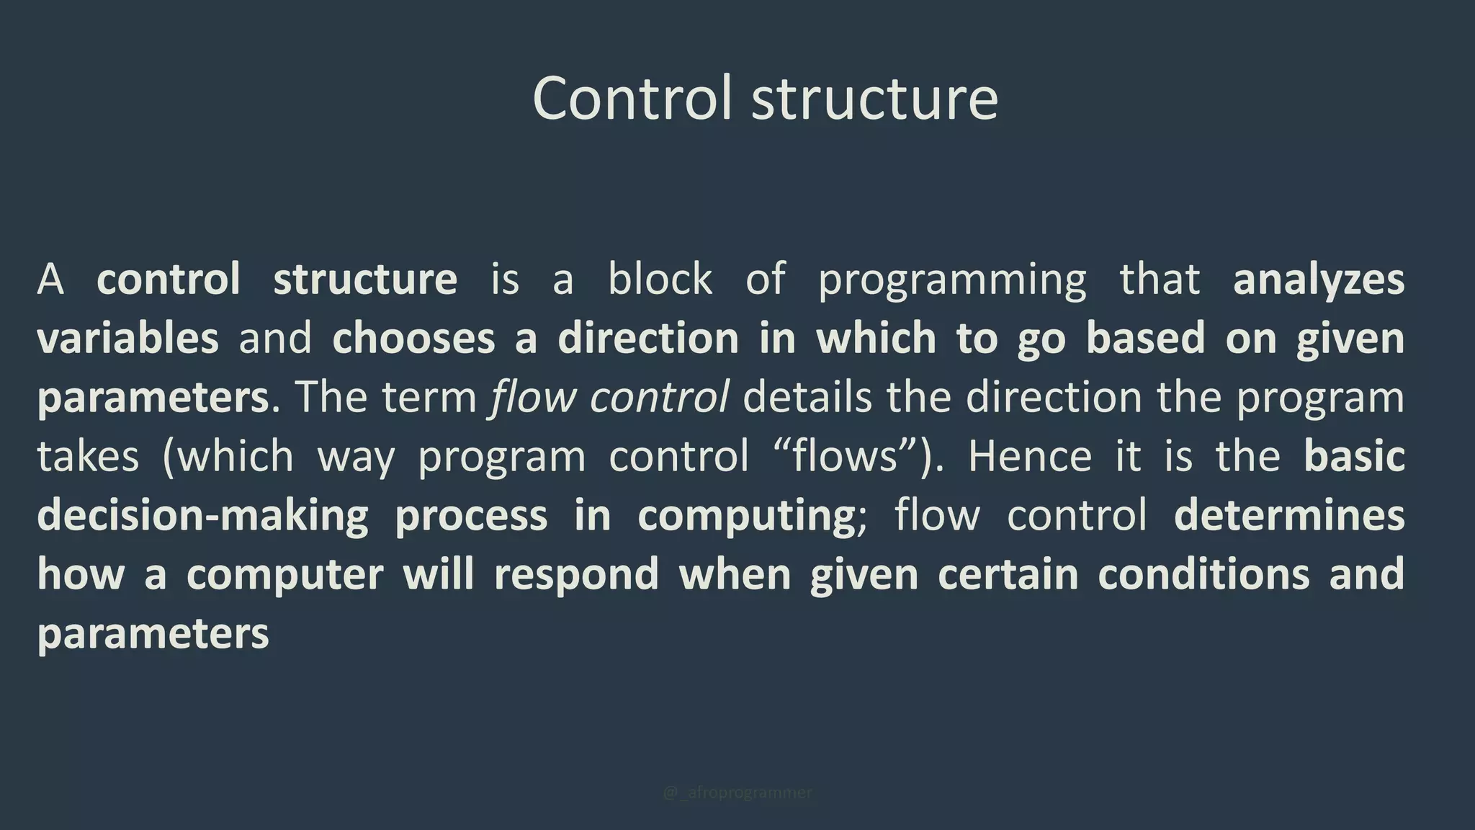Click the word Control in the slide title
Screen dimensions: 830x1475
(632, 98)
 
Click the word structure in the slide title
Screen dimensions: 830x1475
(874, 99)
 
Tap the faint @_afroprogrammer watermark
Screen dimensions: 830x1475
(737, 793)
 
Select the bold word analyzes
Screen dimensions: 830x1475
(1318, 280)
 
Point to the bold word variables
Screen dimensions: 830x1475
(127, 338)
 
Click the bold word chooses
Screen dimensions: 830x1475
(413, 338)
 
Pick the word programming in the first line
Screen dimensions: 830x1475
(951, 280)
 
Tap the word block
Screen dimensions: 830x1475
(660, 279)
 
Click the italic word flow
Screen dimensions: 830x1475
(532, 397)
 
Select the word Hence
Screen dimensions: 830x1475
(1029, 456)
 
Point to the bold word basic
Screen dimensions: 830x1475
(1353, 456)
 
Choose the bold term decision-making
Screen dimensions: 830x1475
(202, 516)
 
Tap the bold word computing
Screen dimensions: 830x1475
(745, 516)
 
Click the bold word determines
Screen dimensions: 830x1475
(1288, 516)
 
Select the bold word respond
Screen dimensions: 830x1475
(576, 575)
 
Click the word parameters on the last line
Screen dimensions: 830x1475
(153, 634)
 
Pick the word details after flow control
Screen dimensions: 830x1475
(807, 397)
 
